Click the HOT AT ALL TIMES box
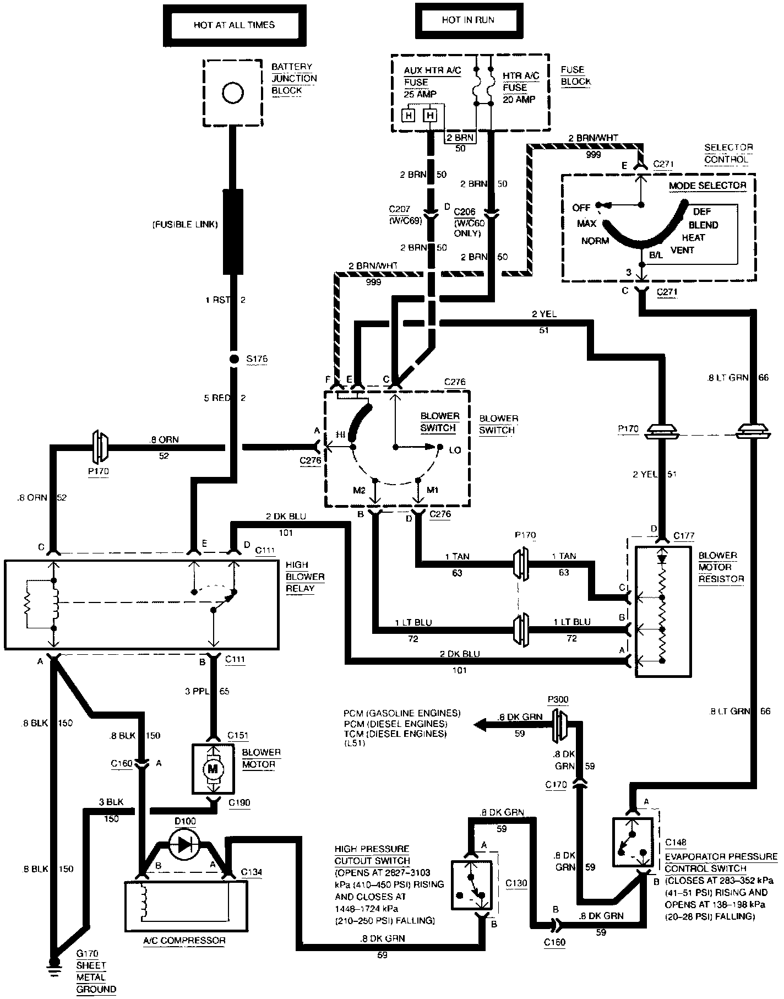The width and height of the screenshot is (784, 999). click(234, 25)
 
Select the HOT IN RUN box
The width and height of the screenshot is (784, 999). click(468, 20)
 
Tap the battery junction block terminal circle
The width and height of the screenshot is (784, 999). click(233, 93)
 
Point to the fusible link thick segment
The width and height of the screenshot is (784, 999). click(233, 231)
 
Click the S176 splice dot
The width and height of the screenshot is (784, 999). click(233, 360)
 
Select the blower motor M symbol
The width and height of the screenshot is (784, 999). click(212, 769)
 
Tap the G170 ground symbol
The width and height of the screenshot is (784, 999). click(54, 961)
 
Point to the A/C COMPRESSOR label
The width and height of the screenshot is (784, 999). click(184, 940)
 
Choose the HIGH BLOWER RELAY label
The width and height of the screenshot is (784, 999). click(304, 577)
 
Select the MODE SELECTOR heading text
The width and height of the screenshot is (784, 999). click(707, 186)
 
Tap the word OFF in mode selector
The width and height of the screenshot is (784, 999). click(581, 208)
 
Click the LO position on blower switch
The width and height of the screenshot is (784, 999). click(455, 450)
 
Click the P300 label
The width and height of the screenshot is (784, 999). click(558, 699)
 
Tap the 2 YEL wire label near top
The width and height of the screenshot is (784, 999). click(544, 314)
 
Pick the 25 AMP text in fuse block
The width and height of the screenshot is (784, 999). click(420, 94)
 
